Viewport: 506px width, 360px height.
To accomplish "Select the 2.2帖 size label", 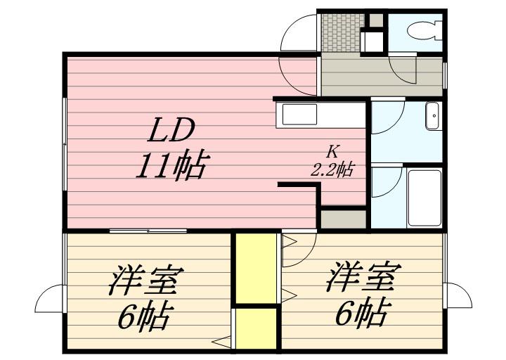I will point(332,169).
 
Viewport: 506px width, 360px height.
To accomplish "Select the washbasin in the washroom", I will point(433,115).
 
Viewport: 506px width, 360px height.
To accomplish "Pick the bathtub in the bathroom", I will point(424,198).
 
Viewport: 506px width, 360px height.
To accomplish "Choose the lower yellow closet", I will point(255,328).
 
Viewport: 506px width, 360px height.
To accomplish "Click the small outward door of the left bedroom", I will point(48,299).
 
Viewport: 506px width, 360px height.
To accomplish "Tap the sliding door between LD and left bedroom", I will point(148,231).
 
